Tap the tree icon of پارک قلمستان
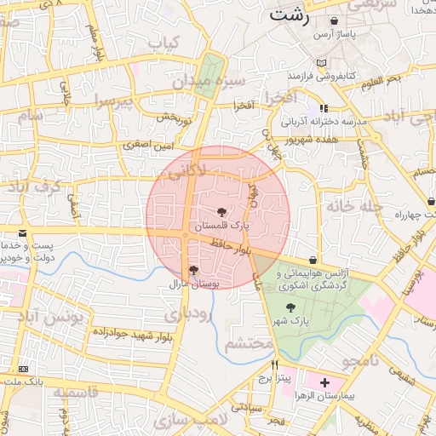[x=222, y=212]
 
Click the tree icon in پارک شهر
[x=291, y=307]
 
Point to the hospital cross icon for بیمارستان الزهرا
[x=324, y=383]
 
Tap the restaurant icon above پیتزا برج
[x=274, y=364]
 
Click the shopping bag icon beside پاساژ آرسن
[x=333, y=20]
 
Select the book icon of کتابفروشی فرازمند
[x=321, y=63]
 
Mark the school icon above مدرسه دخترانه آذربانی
[x=324, y=108]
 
